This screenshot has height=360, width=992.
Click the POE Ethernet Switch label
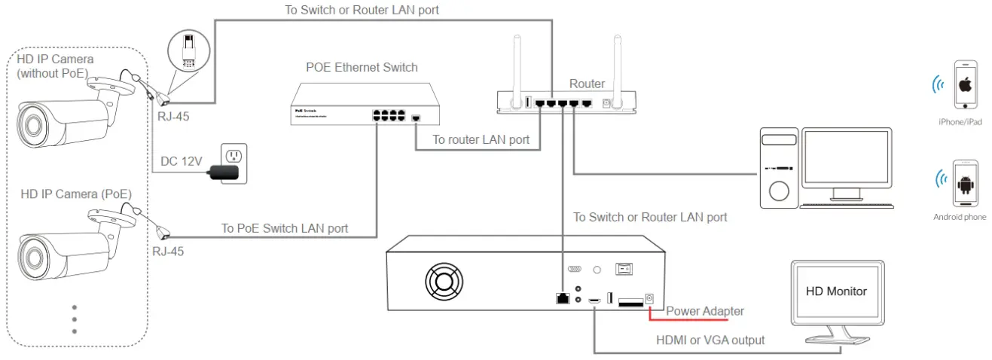(362, 67)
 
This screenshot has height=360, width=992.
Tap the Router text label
(587, 84)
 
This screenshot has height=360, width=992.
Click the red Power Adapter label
(704, 311)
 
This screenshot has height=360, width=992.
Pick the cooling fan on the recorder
(443, 285)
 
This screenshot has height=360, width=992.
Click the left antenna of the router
(516, 64)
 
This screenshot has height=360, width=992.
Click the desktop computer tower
(778, 168)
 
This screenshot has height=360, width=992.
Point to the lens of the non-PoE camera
(32, 123)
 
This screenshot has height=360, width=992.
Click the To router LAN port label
(481, 139)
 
